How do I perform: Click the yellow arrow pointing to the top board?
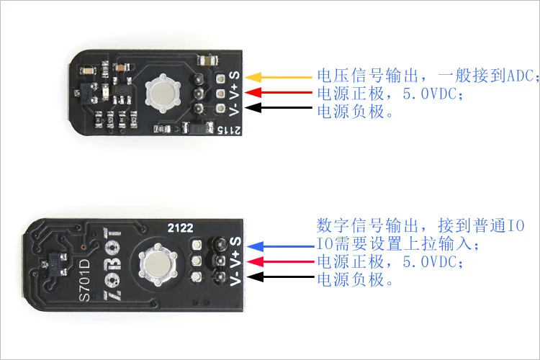(x=278, y=77)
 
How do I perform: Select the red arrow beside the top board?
(x=278, y=92)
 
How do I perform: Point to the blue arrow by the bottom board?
(x=281, y=246)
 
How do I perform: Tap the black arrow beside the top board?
(x=278, y=107)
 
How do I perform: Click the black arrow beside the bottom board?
(x=281, y=276)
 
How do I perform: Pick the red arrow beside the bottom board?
(x=281, y=261)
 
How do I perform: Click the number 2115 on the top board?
(x=229, y=130)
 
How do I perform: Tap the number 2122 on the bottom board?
(x=180, y=228)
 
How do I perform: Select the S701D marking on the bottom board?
(x=84, y=280)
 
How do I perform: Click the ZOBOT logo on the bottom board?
(x=112, y=267)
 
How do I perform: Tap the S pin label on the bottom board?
(x=235, y=241)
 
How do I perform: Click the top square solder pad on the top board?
(x=220, y=79)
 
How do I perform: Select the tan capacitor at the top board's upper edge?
(x=207, y=61)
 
